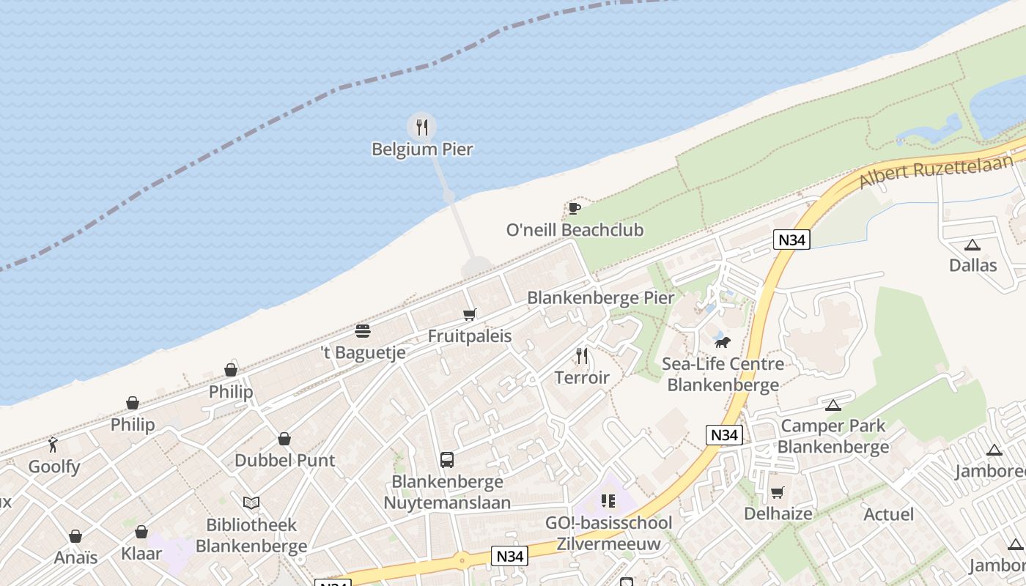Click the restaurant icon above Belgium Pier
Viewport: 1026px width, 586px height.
click(x=421, y=127)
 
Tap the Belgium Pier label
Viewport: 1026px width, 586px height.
click(x=422, y=149)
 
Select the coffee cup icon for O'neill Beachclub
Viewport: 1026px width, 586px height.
click(x=575, y=209)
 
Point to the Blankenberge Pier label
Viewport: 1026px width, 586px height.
click(x=600, y=298)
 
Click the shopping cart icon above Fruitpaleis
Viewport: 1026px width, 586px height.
click(x=470, y=315)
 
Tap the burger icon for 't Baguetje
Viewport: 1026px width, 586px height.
click(x=363, y=331)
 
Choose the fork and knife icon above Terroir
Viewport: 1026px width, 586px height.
click(x=582, y=356)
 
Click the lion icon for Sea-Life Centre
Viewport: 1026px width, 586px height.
click(x=723, y=342)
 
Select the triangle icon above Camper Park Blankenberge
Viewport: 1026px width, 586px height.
click(x=833, y=405)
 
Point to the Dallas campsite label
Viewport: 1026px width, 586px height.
click(x=973, y=265)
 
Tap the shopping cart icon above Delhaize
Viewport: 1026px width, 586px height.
click(x=778, y=492)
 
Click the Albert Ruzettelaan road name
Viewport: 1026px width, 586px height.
click(x=935, y=171)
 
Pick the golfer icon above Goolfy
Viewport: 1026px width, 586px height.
click(x=53, y=445)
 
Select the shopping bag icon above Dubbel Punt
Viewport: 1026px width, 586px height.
click(x=284, y=439)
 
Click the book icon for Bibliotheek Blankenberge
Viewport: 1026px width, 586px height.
click(x=251, y=503)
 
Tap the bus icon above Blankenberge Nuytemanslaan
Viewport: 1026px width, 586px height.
click(x=447, y=460)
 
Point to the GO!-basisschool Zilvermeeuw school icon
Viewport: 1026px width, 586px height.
click(x=608, y=501)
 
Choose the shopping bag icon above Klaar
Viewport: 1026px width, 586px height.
click(x=141, y=532)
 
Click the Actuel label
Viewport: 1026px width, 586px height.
click(x=888, y=514)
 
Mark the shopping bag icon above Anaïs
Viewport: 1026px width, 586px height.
click(x=75, y=537)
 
